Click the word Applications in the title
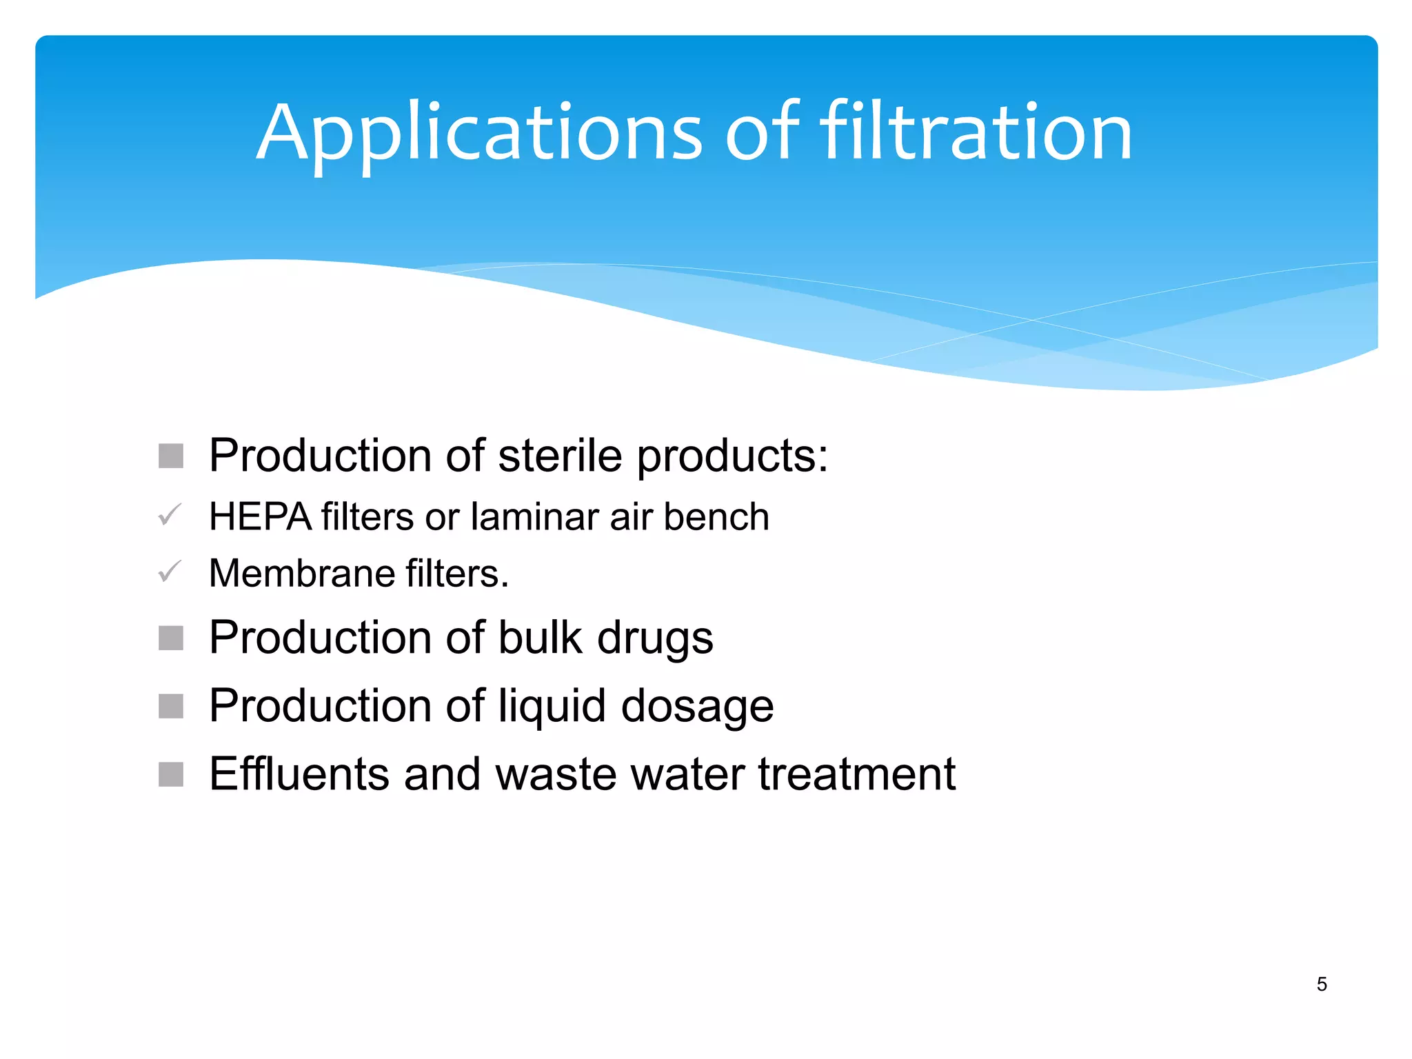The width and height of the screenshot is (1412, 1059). click(479, 132)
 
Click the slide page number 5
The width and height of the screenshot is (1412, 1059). click(1321, 984)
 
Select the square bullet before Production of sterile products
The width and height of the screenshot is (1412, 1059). click(171, 456)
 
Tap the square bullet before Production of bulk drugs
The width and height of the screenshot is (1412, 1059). click(171, 638)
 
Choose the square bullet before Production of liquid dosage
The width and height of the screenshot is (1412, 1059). click(171, 706)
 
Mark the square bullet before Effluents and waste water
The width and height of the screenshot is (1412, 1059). click(171, 774)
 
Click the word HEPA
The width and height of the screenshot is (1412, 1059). click(260, 516)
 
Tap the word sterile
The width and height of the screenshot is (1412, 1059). click(559, 456)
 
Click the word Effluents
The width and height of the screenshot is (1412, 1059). click(299, 774)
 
